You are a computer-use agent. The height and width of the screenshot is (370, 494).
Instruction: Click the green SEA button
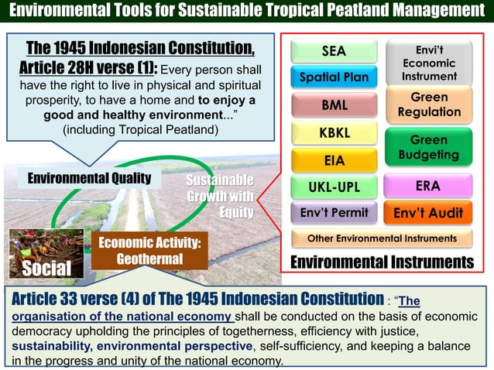334,52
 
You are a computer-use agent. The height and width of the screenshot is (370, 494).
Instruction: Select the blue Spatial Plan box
334,77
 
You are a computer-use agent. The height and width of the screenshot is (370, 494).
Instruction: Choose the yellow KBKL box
334,133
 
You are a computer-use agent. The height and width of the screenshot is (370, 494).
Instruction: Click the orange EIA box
334,160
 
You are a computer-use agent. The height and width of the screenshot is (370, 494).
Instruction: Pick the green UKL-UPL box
334,187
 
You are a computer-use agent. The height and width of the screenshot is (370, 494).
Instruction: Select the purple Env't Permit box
334,212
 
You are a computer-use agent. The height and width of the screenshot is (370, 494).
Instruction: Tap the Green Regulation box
429,105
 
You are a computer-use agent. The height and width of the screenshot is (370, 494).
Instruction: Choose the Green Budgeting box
429,148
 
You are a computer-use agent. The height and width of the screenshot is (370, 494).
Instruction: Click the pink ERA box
428,187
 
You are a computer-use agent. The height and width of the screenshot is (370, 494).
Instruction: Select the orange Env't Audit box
428,212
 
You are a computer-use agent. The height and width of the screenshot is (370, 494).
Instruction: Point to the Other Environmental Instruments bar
382,238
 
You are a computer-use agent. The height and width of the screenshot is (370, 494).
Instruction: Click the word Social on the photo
46,268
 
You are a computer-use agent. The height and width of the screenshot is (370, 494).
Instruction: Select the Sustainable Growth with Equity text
220,197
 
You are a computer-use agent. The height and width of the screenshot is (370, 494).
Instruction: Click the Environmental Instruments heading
380,262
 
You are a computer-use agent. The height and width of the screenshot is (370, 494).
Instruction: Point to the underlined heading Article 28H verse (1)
139,57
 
